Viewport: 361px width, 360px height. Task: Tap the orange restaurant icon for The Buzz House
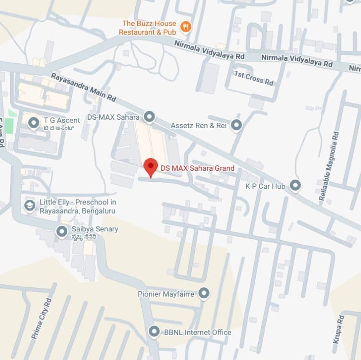[x=186, y=27]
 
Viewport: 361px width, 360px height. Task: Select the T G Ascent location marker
[x=34, y=123]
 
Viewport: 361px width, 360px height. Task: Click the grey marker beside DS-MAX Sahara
[x=150, y=117]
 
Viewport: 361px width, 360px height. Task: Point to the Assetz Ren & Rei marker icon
[x=237, y=125]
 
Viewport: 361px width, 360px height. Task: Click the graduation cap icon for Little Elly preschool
[x=30, y=206]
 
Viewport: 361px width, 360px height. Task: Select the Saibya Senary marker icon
[x=62, y=231]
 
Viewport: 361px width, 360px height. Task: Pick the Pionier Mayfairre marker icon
[x=204, y=293]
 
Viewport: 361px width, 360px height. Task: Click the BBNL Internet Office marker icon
[x=154, y=331]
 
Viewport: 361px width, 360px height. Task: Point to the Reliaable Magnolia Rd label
[x=328, y=165]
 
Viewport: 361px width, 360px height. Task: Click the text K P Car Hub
[x=265, y=186]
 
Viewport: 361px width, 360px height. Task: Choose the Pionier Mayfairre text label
[x=166, y=293]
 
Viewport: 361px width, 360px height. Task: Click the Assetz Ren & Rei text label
[x=198, y=126]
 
